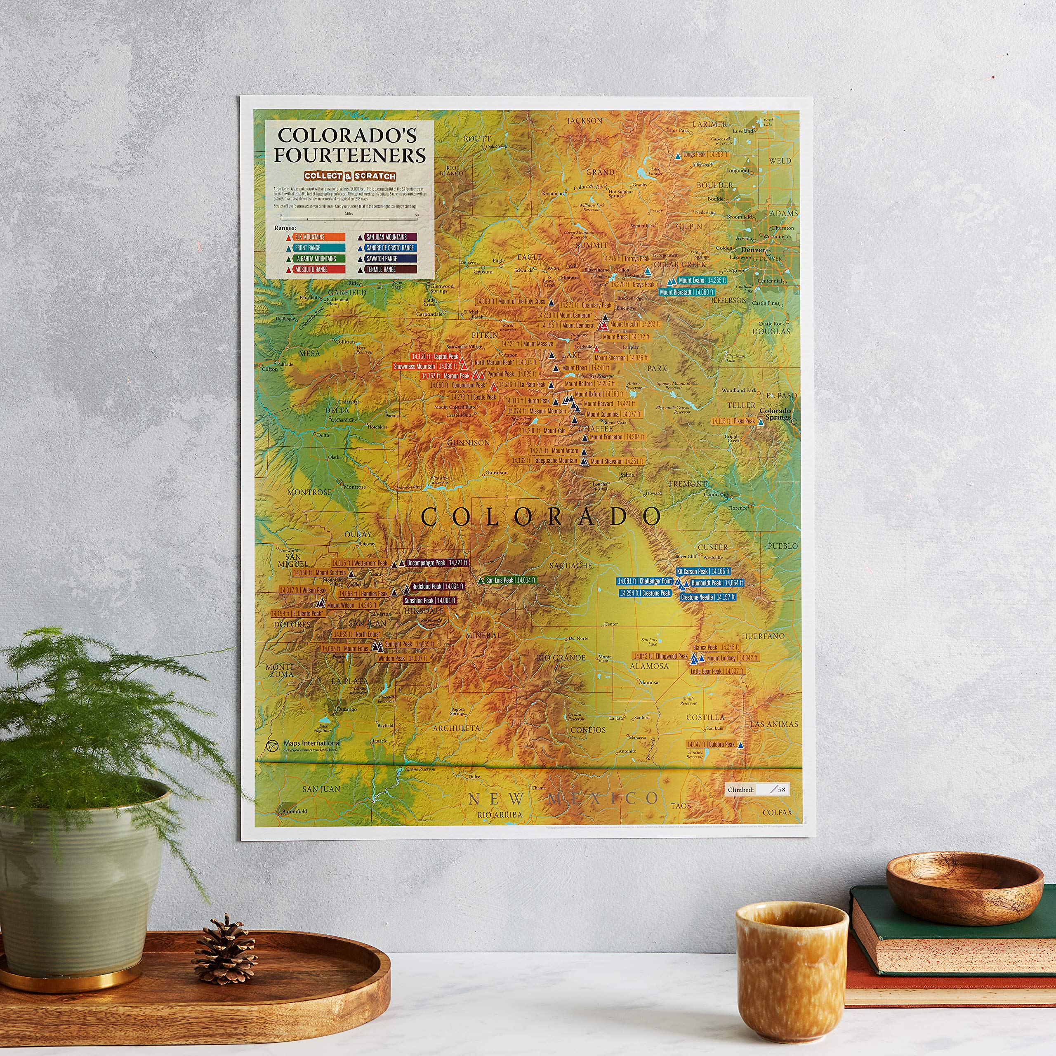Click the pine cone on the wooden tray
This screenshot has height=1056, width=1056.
click(224, 952)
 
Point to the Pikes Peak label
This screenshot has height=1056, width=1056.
click(733, 422)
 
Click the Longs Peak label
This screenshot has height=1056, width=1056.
click(705, 155)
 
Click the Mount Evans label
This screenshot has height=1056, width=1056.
click(702, 280)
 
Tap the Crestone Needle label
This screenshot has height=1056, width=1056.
click(708, 597)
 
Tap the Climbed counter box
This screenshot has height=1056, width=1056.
click(757, 789)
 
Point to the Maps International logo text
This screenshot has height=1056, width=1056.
click(311, 743)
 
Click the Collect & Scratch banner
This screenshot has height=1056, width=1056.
click(350, 176)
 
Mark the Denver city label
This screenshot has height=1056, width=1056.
click(753, 250)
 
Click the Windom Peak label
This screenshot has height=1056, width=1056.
click(402, 659)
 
